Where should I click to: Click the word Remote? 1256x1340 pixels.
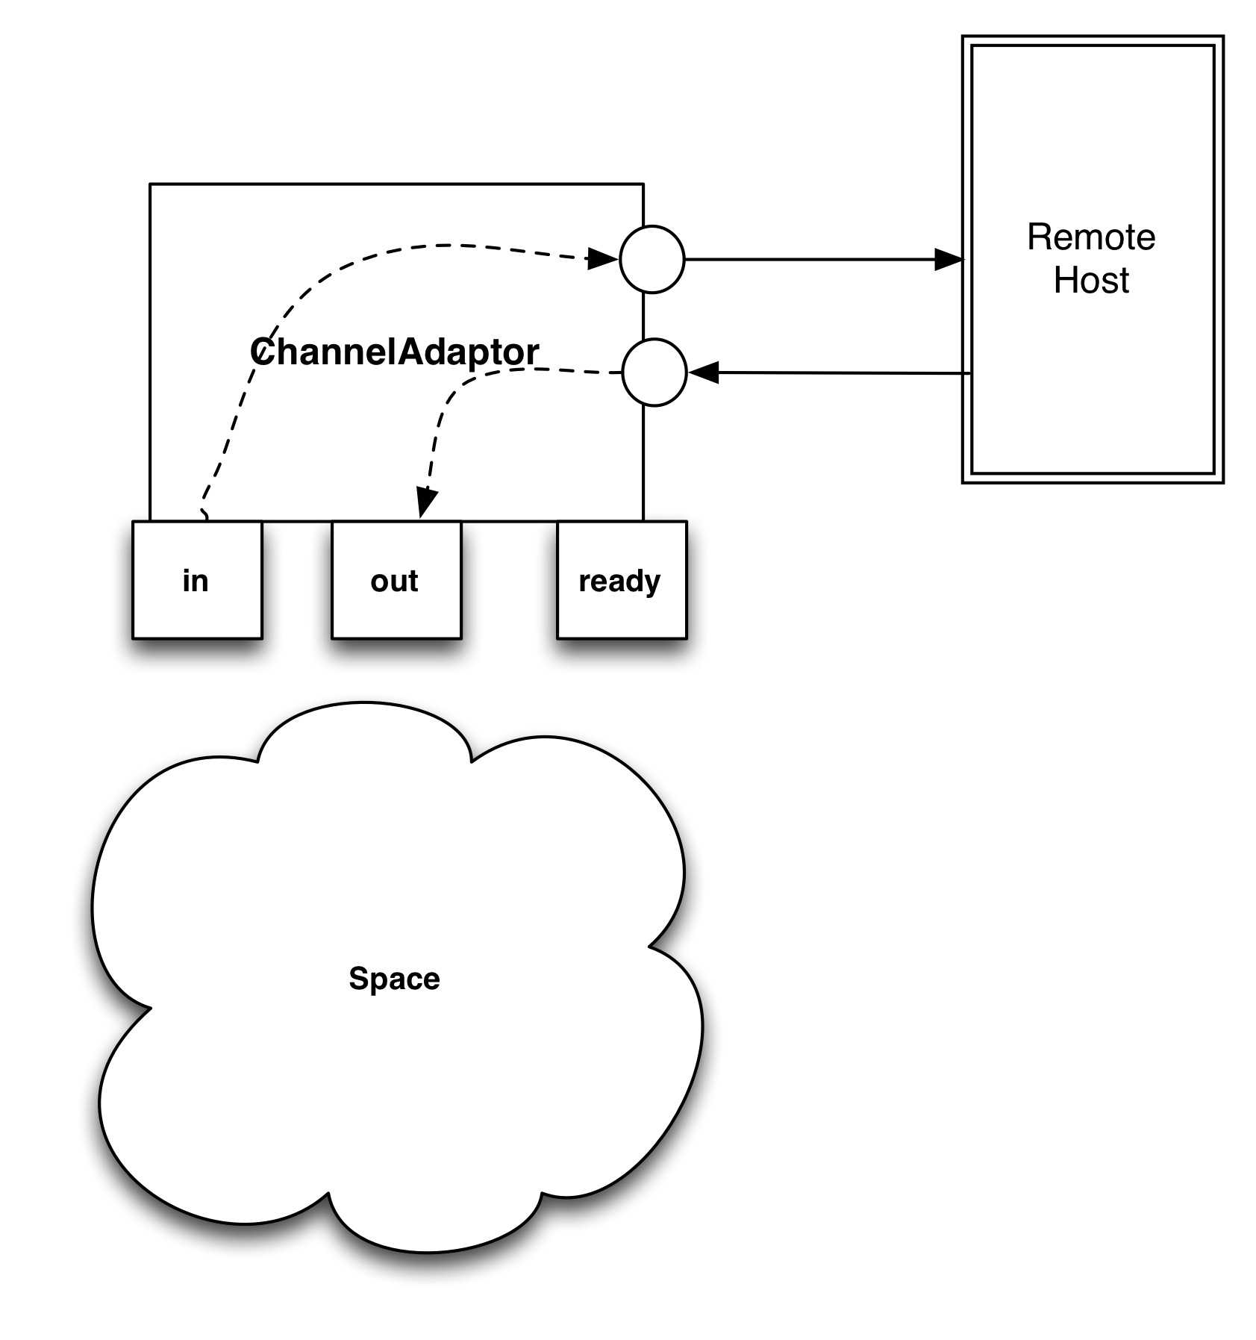(1091, 237)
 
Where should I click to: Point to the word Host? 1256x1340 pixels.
(1091, 281)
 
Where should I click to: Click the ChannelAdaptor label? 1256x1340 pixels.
(394, 352)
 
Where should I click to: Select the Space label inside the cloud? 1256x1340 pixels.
(394, 979)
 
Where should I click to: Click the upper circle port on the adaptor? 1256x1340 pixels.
(652, 259)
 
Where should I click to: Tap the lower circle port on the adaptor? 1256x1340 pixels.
(654, 373)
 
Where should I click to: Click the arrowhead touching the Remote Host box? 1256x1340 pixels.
(949, 260)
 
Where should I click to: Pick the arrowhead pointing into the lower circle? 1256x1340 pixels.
(703, 372)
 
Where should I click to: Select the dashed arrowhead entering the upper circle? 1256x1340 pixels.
(603, 259)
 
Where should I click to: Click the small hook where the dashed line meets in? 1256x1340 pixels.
(204, 514)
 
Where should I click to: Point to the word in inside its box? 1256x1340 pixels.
(196, 581)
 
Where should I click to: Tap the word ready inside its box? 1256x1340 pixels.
(619, 582)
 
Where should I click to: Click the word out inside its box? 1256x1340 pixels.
(394, 581)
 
